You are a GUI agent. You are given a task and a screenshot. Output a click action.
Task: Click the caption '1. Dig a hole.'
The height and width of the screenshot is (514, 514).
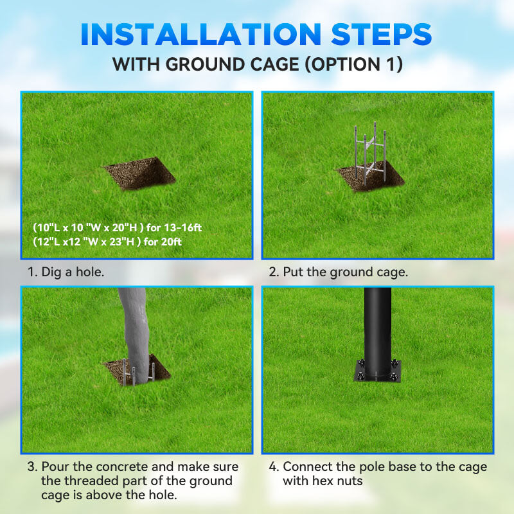[x=66, y=272]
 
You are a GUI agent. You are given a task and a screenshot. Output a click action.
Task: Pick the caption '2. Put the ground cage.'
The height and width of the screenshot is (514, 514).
[x=338, y=272]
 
